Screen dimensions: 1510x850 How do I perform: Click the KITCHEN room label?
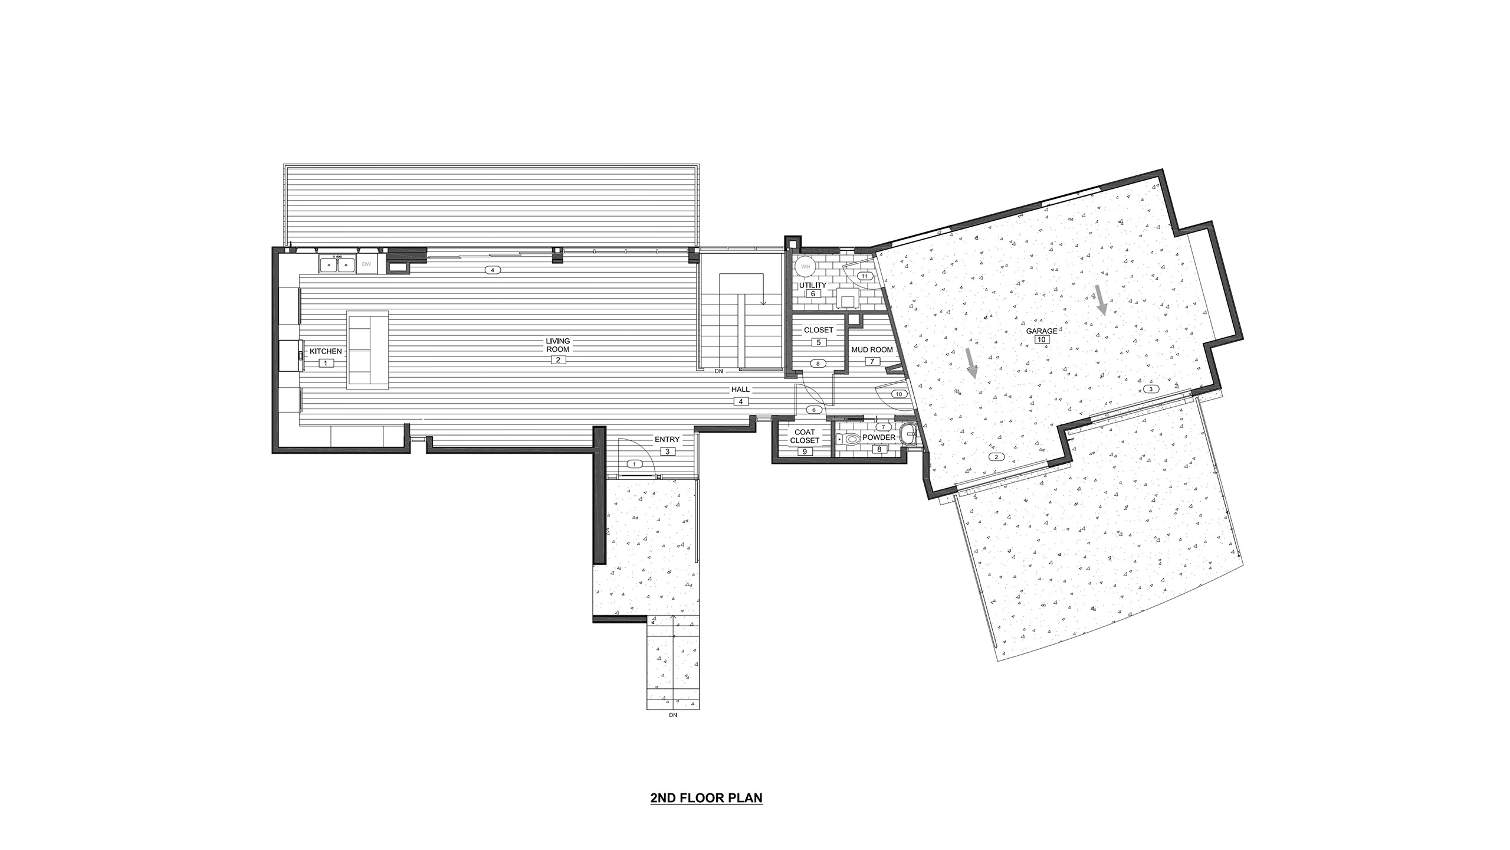326,351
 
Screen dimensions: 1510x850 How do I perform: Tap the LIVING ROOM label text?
557,345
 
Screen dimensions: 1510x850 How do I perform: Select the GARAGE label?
1042,331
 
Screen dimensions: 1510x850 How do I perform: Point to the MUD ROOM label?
872,350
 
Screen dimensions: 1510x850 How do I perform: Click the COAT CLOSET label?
805,437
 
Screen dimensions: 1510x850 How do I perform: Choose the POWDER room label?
879,437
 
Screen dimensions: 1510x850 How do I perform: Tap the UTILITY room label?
813,285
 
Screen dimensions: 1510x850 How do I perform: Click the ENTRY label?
667,439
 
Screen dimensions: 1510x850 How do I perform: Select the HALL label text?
741,390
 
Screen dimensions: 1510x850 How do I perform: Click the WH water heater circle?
805,267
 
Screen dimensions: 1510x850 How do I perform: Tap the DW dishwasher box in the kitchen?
366,264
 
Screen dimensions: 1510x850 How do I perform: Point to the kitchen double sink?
337,264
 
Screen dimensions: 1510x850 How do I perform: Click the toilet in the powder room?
849,439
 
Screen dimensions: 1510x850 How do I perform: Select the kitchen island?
368,349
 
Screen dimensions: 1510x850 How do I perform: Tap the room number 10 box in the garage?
1040,340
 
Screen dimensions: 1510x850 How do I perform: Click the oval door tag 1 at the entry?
635,465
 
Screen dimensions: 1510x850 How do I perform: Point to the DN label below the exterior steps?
674,731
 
